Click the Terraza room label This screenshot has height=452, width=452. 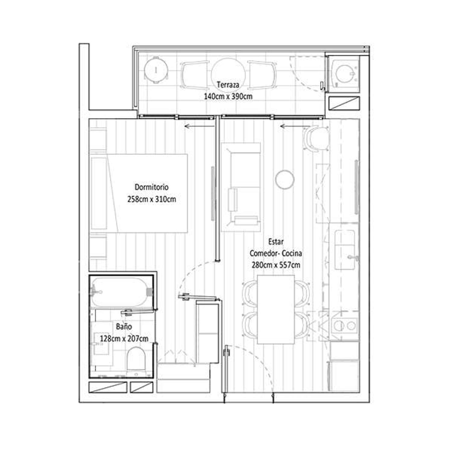228,85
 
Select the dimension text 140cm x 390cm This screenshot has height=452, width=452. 228,96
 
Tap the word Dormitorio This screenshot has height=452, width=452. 152,187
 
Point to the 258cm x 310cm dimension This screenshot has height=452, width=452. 152,199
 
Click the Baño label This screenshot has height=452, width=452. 124,326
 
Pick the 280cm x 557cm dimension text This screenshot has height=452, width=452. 276,265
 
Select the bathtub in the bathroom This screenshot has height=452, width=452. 122,292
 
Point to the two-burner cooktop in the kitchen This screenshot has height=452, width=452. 345,325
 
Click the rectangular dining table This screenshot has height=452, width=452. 276,309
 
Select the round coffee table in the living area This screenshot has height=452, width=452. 284,179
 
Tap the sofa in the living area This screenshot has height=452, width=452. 241,187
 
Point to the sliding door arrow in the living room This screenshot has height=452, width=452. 295,126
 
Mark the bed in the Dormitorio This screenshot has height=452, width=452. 139,193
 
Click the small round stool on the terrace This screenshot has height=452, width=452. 155,70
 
